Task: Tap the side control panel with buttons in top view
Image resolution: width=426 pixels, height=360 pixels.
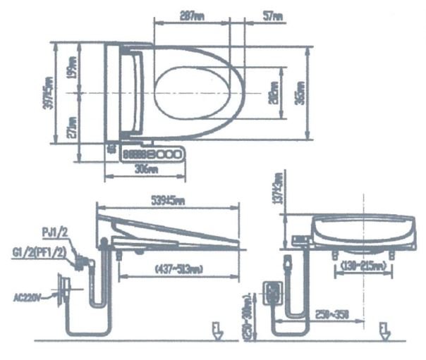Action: point(154,154)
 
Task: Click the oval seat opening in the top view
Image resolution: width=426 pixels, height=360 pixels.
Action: point(199,92)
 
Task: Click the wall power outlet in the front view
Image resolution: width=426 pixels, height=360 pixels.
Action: point(271,293)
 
